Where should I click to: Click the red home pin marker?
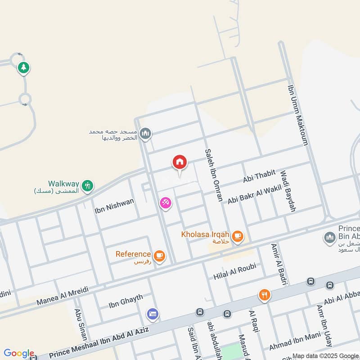(x=180, y=162)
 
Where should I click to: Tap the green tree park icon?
(x=23, y=68)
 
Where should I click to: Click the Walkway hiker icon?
(x=88, y=185)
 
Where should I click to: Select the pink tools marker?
(x=165, y=203)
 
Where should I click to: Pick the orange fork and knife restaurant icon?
(x=264, y=295)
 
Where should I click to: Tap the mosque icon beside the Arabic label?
(x=145, y=134)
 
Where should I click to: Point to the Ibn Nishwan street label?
(x=114, y=206)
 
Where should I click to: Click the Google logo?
(x=19, y=353)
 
